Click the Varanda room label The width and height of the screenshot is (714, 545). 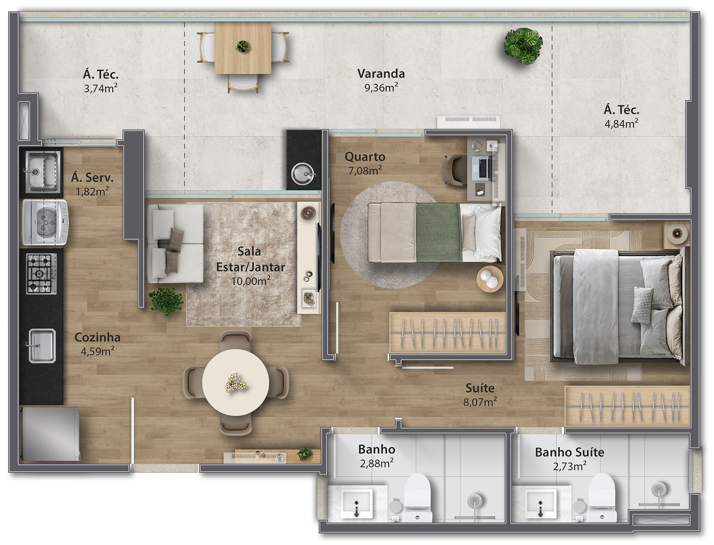coord(381,74)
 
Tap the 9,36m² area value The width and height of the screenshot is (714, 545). coord(381,88)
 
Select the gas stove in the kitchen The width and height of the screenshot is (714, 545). coord(42,274)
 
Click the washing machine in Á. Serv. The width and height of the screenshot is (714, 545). coord(45,223)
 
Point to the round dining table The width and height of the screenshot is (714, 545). coord(236,382)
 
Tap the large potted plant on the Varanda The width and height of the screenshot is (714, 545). coord(523,46)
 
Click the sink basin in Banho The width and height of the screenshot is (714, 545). coord(357,503)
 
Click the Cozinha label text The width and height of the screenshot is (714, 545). coord(97,337)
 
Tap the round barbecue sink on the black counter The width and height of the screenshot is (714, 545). coord(303,174)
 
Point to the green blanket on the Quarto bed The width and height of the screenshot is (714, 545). coord(438,233)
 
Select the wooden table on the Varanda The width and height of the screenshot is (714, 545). coord(243,48)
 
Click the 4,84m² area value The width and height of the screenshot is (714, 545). coord(621,123)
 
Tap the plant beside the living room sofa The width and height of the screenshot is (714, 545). coord(166,301)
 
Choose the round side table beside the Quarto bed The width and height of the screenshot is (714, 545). coord(490,279)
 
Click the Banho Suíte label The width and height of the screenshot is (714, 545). coord(569,452)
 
